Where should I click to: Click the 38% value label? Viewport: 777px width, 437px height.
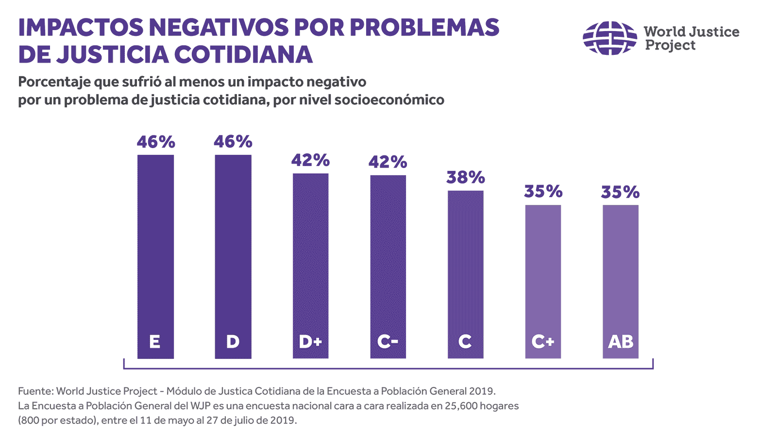tap(465, 178)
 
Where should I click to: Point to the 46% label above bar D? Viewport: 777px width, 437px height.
tap(233, 142)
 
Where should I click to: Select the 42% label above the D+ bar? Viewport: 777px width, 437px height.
tap(310, 160)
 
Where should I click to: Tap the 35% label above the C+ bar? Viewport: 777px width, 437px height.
tap(543, 192)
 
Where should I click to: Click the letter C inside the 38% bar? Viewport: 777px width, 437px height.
tap(465, 342)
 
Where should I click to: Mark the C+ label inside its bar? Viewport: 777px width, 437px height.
tap(543, 342)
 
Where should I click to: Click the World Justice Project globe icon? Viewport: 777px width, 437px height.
tap(609, 38)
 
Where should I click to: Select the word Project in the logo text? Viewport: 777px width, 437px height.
tap(670, 46)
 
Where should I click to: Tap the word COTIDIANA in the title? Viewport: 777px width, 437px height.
tap(243, 54)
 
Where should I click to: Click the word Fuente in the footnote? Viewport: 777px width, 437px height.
tap(35, 391)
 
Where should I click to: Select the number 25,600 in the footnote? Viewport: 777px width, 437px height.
tap(459, 406)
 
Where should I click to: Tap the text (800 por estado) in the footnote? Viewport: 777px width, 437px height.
tap(58, 420)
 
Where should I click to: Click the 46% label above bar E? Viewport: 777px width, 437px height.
tap(155, 142)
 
